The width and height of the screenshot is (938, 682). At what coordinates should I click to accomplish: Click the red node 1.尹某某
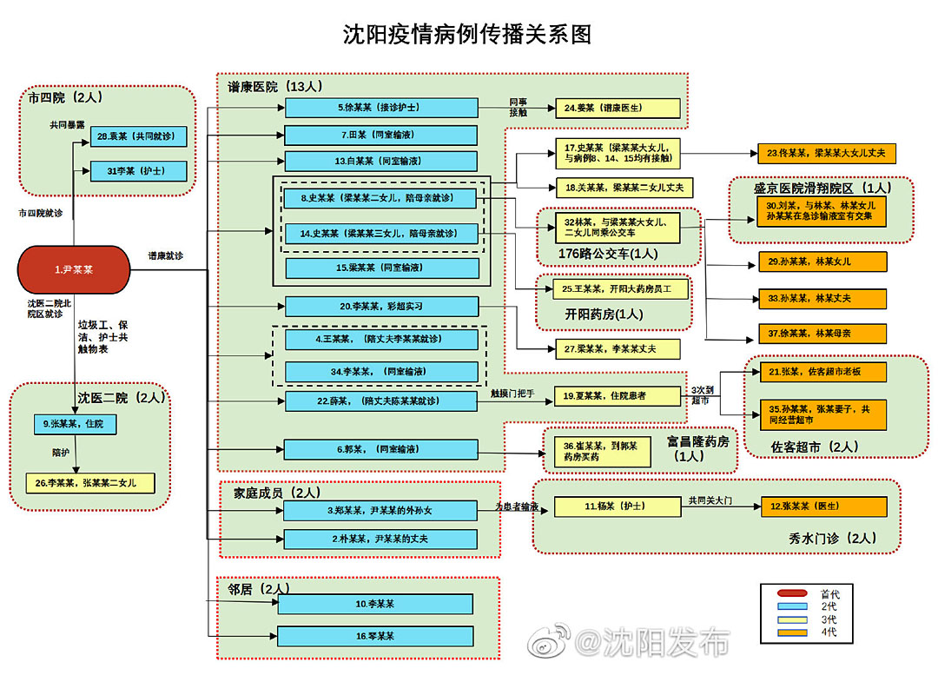point(74,269)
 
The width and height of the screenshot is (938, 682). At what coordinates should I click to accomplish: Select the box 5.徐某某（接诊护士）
point(381,108)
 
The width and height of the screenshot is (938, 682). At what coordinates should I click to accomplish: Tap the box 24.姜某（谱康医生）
point(617,108)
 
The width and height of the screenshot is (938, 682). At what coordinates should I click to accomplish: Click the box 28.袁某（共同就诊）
point(139,136)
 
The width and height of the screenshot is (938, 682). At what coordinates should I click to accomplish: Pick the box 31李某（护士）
point(139,171)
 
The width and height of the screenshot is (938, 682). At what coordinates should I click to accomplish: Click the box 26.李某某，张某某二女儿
point(90,483)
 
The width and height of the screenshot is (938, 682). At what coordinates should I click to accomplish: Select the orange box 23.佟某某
point(825,153)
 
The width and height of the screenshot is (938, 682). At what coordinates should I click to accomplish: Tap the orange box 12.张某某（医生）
point(823,507)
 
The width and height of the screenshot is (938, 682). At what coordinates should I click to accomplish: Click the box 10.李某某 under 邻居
point(375,604)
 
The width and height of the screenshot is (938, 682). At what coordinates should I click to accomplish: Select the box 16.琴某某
point(375,636)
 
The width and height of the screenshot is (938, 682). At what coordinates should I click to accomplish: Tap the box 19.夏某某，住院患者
point(618,396)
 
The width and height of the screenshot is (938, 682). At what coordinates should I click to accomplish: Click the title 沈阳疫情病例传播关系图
point(466,35)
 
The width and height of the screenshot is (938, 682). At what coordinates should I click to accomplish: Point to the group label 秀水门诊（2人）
point(832,539)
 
